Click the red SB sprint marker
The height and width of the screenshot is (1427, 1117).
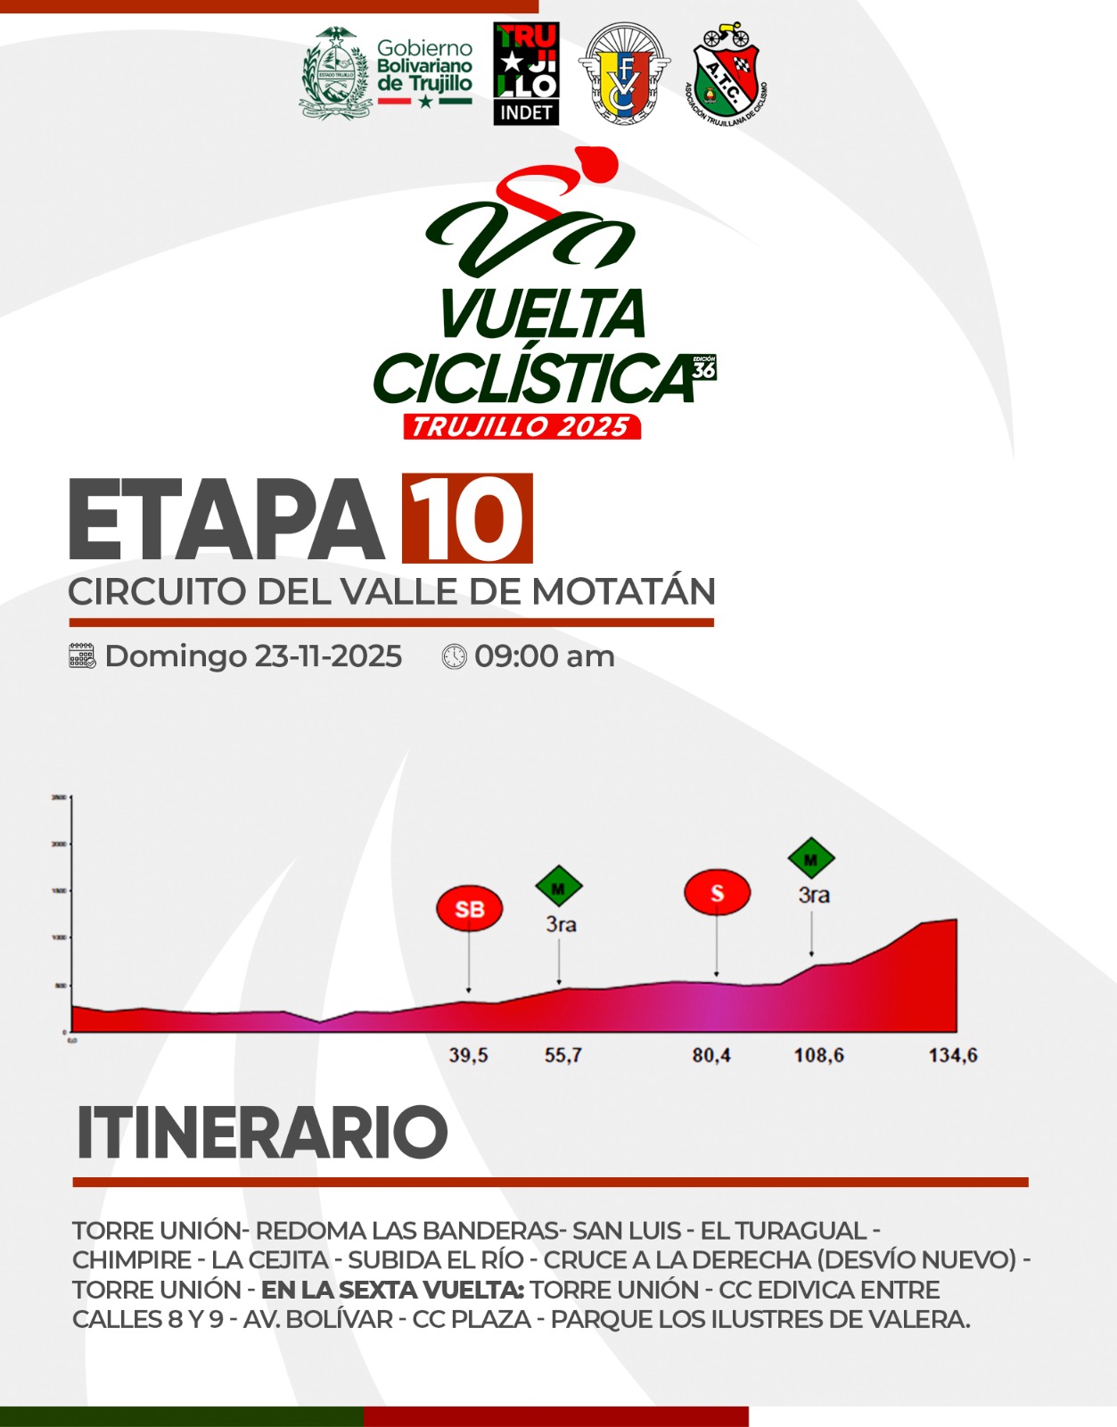coord(469,909)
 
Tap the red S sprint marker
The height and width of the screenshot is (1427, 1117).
coord(717,893)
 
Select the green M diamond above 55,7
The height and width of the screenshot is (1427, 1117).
coord(559,887)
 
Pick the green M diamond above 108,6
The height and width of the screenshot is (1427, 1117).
coord(811,859)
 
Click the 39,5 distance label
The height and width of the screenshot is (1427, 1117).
coord(468,1055)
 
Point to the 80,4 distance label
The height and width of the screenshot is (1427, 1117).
coord(711,1055)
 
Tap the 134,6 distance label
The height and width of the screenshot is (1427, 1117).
coord(953,1055)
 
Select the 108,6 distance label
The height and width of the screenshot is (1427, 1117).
coord(819,1055)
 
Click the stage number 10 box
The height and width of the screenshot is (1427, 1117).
coord(467,518)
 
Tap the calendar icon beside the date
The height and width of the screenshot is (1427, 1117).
coord(82,656)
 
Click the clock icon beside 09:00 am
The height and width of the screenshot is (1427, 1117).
coord(455,656)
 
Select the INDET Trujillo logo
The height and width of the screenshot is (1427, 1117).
coord(526,73)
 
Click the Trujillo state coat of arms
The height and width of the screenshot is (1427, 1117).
coord(334,73)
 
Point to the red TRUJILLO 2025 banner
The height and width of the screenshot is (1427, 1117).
coord(522,426)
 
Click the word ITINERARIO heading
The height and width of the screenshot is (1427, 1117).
coord(262,1133)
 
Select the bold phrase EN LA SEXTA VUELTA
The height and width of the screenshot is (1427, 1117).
coord(392,1290)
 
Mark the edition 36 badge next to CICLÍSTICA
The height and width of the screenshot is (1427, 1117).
coord(704,367)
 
